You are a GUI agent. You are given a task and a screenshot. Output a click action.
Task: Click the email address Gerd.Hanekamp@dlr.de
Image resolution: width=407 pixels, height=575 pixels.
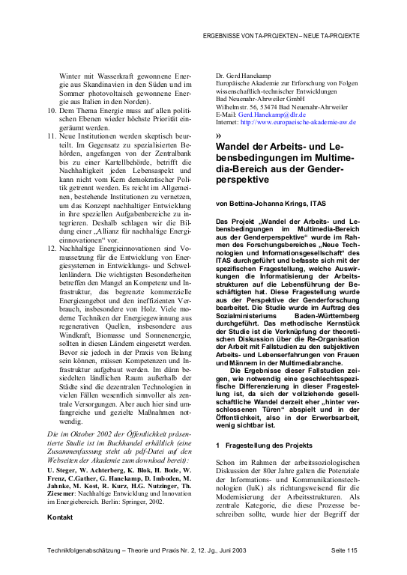(x=280, y=113)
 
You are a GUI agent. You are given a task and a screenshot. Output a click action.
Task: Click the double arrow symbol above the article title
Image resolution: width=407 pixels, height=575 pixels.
(x=218, y=136)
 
